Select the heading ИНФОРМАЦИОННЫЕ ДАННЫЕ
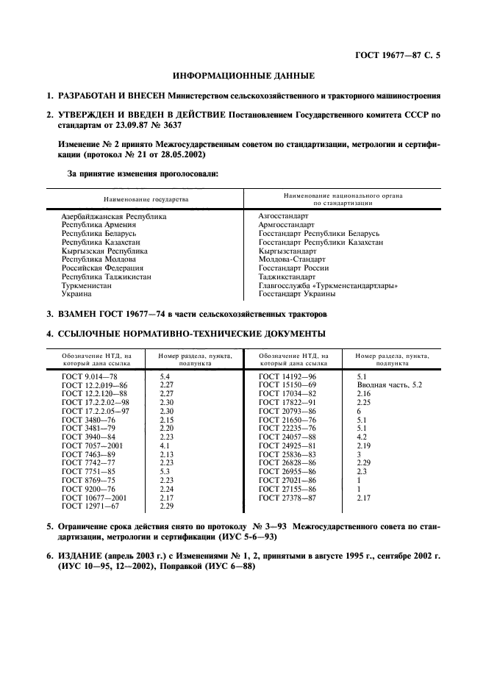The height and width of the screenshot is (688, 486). click(x=243, y=76)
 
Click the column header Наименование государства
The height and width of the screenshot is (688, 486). click(x=146, y=199)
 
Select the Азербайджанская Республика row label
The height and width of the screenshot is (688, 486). click(x=114, y=217)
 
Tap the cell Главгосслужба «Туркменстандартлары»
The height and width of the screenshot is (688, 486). click(x=328, y=285)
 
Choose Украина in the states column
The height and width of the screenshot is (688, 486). click(x=77, y=294)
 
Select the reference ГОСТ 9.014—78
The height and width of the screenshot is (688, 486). click(x=90, y=376)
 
